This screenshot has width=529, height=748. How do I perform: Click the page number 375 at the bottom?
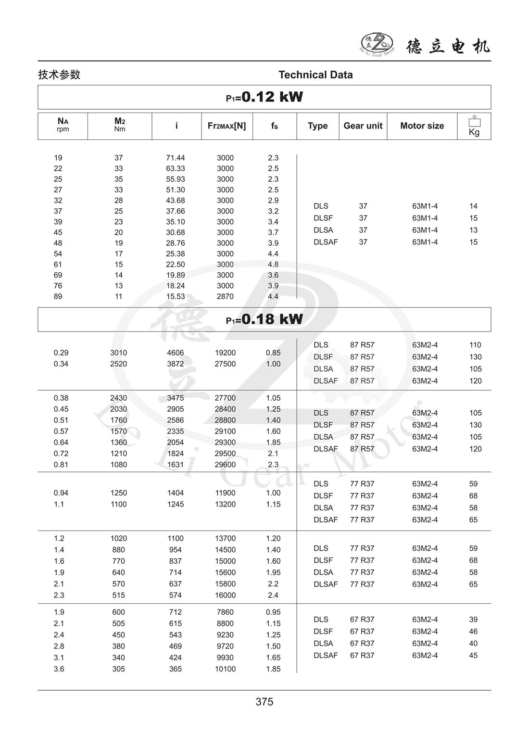pos(264,702)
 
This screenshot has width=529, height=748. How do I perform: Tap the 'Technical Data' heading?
pos(315,75)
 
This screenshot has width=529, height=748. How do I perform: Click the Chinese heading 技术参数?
pos(59,75)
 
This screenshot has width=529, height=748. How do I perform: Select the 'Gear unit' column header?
pos(363,126)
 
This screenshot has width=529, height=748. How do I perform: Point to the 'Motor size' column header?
pos(422,126)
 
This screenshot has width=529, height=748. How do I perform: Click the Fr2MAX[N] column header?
pos(227,126)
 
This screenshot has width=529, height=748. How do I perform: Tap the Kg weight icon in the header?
pos(474,126)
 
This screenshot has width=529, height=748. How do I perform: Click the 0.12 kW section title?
pos(264,97)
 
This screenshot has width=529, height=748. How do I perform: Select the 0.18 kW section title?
pos(264,319)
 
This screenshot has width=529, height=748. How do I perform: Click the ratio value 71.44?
pos(176,158)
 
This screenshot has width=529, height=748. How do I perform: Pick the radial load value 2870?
pos(225,296)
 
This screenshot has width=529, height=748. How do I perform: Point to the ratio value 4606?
pos(176,353)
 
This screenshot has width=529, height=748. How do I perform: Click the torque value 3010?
pos(119,353)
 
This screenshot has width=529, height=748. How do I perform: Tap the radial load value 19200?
pos(225,353)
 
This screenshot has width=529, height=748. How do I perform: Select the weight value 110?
pos(475,345)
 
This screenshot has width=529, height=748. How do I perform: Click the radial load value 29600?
pos(225,465)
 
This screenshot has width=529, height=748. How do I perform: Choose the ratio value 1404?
pos(176,493)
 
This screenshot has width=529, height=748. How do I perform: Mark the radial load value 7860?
pos(225,612)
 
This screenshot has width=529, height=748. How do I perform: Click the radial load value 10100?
pos(225,669)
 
